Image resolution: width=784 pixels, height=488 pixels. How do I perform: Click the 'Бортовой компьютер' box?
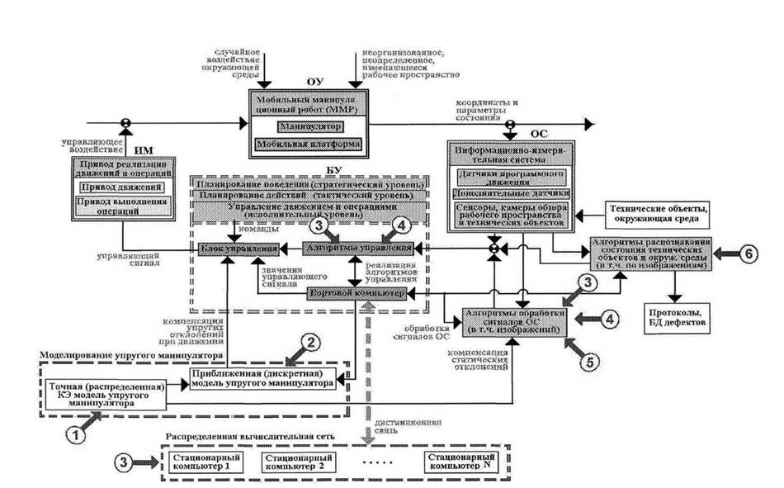(x=356, y=292)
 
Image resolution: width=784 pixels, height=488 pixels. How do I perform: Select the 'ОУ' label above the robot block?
(x=313, y=80)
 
